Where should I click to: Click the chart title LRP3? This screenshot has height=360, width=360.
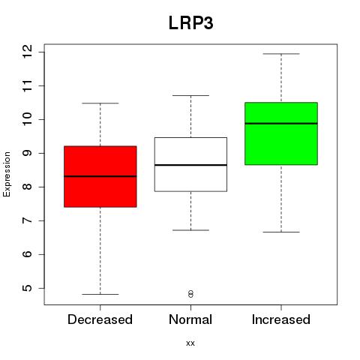[x=191, y=23]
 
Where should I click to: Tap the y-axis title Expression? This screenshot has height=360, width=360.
[x=7, y=174]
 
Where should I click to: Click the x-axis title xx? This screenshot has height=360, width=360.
[x=190, y=343]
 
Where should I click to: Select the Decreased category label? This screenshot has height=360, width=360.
[x=100, y=319]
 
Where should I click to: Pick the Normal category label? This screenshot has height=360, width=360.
[x=190, y=319]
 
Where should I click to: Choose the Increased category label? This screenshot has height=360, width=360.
[x=281, y=319]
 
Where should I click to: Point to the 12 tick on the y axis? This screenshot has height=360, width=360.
[x=28, y=52]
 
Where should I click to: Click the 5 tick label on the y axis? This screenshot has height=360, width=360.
[x=28, y=288]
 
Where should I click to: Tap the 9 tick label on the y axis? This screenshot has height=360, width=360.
[x=28, y=153]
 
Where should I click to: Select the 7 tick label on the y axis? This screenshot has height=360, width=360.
[x=28, y=220]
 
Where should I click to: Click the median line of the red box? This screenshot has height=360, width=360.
[x=100, y=176]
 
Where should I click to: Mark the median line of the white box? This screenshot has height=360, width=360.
[x=190, y=165]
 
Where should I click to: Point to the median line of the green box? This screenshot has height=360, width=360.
[x=281, y=124]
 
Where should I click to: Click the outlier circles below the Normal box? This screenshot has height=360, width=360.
[x=190, y=294]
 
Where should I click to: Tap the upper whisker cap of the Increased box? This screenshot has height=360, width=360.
[x=281, y=54]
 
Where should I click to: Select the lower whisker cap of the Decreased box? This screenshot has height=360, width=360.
[x=100, y=294]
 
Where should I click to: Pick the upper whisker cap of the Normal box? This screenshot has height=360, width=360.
[x=190, y=95]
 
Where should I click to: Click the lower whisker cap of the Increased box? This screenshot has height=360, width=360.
[x=281, y=232]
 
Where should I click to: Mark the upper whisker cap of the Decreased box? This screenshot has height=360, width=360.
[x=100, y=103]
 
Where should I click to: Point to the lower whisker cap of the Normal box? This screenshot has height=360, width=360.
[x=190, y=230]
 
